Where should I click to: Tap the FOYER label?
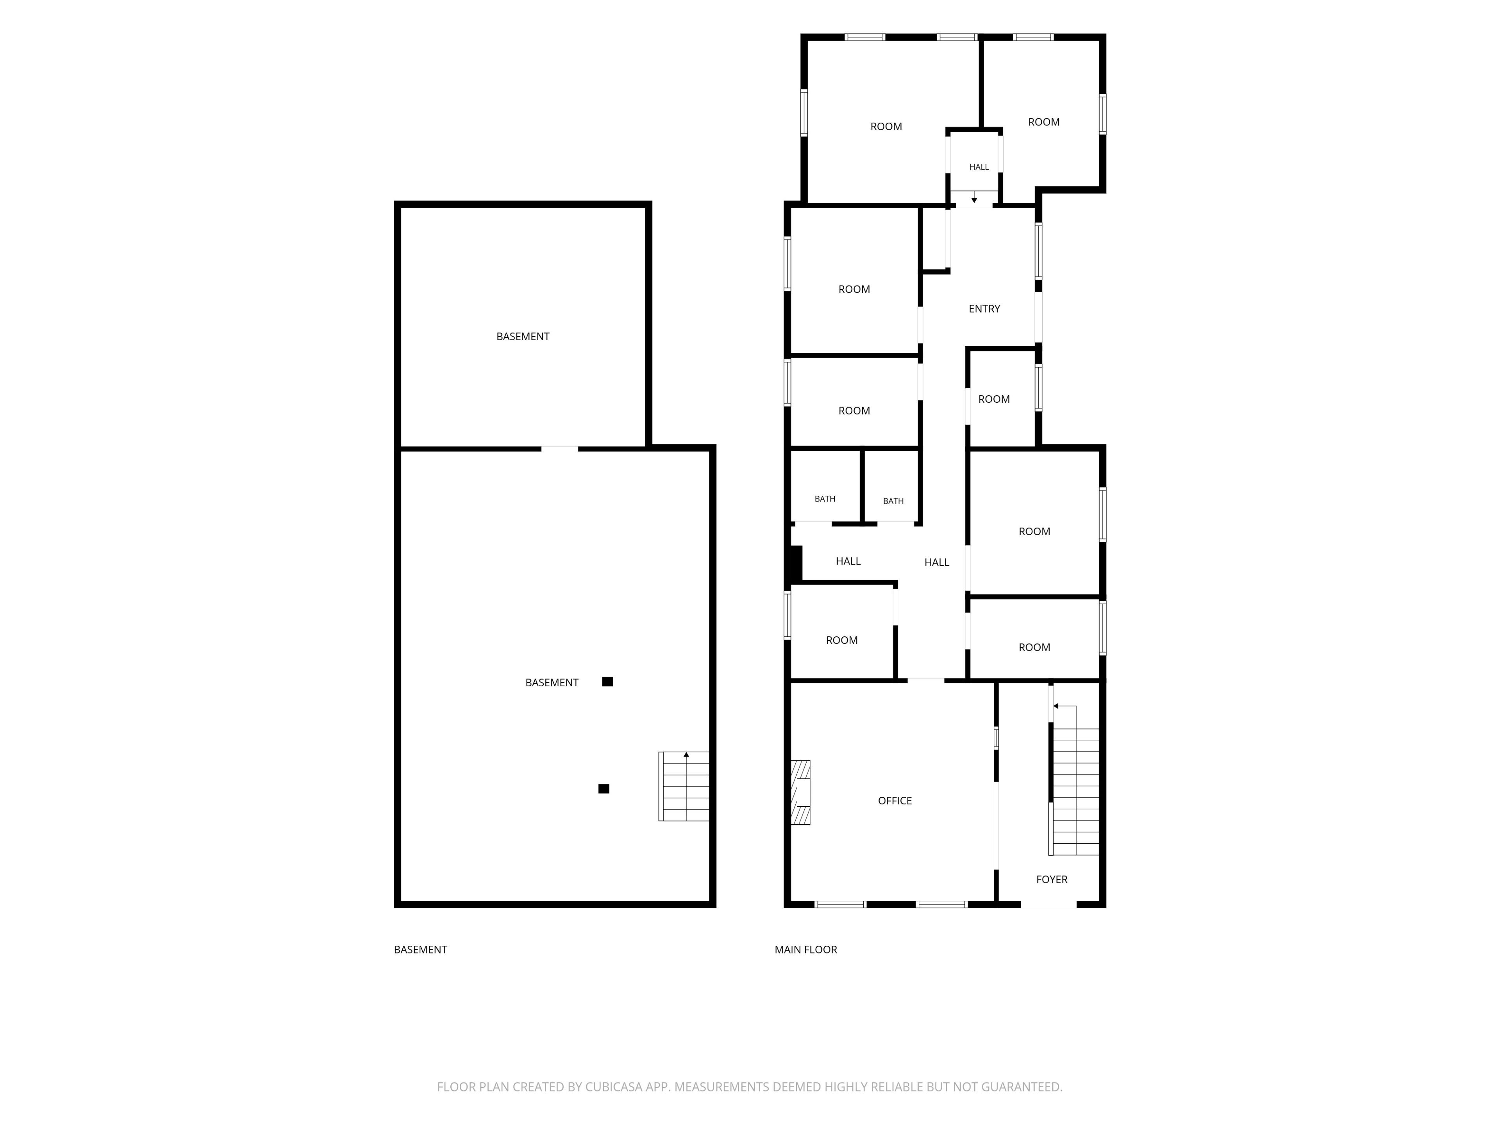tap(1052, 880)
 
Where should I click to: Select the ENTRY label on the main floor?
tap(984, 309)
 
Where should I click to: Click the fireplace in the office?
tap(801, 792)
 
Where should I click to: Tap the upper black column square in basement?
tap(607, 682)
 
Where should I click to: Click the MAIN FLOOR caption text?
tap(805, 949)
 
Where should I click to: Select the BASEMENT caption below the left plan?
tap(420, 949)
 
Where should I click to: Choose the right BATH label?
tap(893, 501)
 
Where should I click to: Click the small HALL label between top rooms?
tap(979, 167)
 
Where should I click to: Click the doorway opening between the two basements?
tap(559, 448)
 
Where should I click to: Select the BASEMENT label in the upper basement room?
tap(523, 336)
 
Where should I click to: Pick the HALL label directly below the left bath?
tap(848, 561)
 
